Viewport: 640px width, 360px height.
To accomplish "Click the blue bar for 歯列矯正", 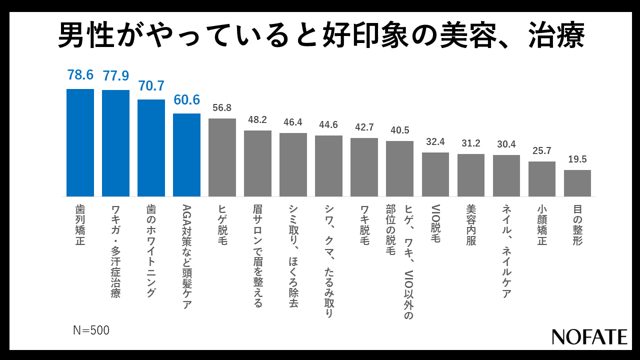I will click(x=80, y=142).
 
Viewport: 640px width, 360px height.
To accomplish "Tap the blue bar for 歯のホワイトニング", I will click(x=151, y=148).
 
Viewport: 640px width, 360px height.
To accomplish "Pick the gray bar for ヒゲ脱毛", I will click(x=222, y=157).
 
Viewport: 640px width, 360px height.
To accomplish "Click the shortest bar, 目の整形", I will click(x=577, y=183).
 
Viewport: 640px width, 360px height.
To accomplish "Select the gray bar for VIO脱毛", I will click(x=435, y=174).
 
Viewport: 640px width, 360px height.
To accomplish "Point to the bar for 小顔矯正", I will click(x=541, y=179).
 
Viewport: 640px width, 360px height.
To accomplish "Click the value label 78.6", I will click(x=80, y=75).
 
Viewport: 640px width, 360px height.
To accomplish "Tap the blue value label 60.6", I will click(x=186, y=100).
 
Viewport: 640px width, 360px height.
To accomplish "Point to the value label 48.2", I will click(x=257, y=120).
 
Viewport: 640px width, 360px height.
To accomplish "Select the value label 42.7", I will click(x=364, y=127).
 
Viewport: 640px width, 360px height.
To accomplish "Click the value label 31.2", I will click(x=470, y=143).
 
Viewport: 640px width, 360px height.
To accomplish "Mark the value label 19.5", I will click(x=577, y=159).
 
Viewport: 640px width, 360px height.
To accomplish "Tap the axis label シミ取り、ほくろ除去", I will click(x=293, y=256).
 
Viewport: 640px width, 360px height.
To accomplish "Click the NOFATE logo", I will click(x=589, y=336).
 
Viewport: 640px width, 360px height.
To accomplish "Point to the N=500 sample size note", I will click(x=91, y=330).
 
